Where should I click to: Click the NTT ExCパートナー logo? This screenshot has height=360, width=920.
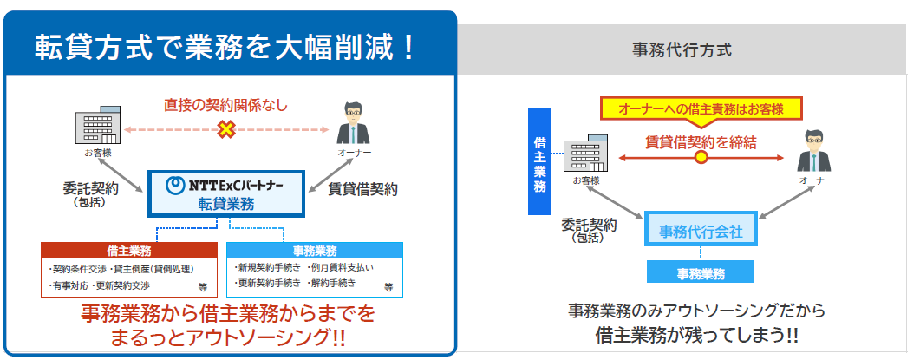point(228,184)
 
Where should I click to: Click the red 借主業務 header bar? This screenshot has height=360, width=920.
point(128,249)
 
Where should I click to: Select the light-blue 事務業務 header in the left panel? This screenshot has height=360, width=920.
point(315,249)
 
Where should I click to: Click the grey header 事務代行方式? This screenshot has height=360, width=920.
point(682,49)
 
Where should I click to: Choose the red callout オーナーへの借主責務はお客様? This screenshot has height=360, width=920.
point(701,108)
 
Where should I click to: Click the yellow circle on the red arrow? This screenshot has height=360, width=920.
point(701,158)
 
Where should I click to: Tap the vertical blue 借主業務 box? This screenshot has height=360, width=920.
point(539,160)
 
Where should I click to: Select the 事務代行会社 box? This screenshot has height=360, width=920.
point(701,231)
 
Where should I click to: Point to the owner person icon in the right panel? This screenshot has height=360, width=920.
point(815,152)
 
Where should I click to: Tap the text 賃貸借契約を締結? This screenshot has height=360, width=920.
point(701,140)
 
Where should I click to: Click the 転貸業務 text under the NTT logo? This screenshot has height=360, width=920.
point(226,203)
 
